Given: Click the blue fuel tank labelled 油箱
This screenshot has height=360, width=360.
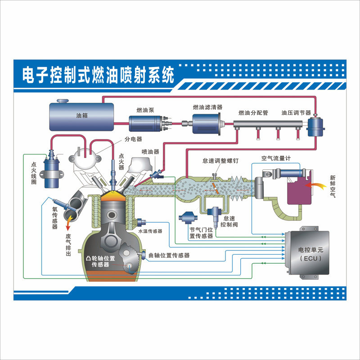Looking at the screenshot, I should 81,115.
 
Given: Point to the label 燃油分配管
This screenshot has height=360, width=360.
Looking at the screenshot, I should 253,112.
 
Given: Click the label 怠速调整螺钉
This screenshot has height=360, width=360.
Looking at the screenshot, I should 220,161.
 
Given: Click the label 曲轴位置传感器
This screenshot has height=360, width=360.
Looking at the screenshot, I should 169,255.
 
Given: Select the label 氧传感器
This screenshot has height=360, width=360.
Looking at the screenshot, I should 54,215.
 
